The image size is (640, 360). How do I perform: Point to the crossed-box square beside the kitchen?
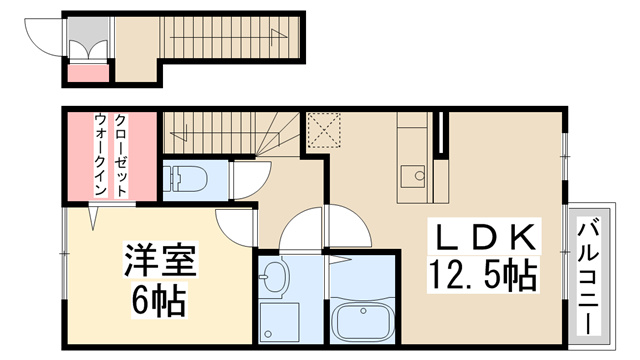click(323, 130)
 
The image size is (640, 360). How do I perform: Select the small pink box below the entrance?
click(87, 70)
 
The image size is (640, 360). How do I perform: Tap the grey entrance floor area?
click(136, 65)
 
